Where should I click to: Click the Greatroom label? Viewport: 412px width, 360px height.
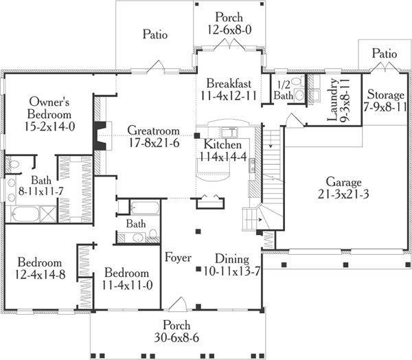pos(152,131)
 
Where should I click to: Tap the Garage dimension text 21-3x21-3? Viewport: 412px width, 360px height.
pos(343,194)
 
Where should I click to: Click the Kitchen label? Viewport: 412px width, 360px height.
pos(222,145)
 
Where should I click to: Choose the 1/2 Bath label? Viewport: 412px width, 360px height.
pos(284,90)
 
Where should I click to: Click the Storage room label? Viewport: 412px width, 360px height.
pos(386,94)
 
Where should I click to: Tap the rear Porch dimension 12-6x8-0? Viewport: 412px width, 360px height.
pos(229,29)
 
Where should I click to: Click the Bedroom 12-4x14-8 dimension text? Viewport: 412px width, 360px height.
pos(40,274)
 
